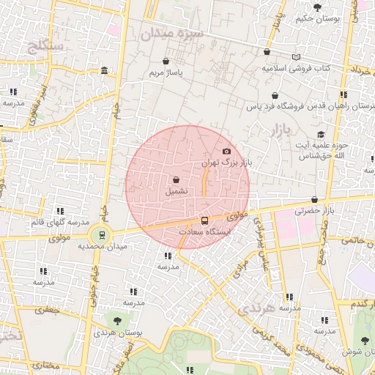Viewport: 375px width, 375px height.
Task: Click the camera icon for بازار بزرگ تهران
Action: click(226, 151)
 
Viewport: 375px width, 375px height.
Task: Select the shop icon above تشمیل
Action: click(176, 179)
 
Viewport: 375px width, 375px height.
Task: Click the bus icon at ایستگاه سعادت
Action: click(204, 220)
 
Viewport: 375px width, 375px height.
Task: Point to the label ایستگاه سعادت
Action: click(205, 231)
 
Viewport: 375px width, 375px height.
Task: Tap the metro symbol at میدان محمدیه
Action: click(100, 236)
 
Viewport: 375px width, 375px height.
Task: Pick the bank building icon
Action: click(104, 71)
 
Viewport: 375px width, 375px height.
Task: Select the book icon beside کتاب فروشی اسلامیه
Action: click(296, 57)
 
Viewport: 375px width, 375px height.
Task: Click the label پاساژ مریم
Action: click(166, 73)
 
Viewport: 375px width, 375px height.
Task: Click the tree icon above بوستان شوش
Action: click(364, 339)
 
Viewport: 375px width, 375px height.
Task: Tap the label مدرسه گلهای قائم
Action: click(59, 222)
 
